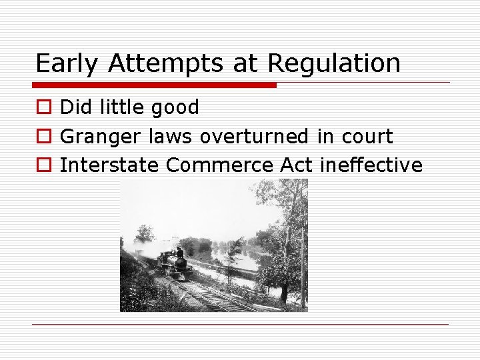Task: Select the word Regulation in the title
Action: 334,64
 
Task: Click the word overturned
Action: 254,137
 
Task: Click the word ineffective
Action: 371,165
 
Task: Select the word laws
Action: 170,137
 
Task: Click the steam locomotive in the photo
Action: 174,264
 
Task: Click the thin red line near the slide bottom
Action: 240,325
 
